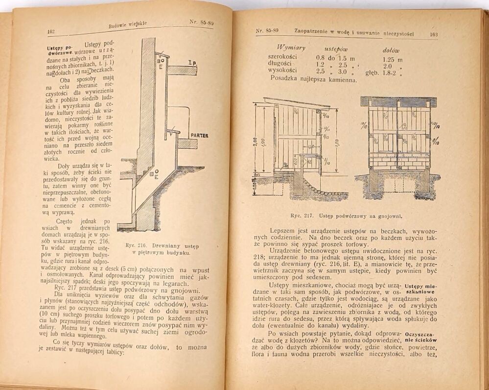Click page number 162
click(50, 31)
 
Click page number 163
click(433, 34)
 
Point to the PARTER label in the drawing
click(199, 135)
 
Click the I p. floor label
click(192, 63)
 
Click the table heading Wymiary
click(291, 48)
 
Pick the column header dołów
click(391, 50)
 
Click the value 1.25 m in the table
click(392, 59)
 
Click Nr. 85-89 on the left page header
click(201, 22)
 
